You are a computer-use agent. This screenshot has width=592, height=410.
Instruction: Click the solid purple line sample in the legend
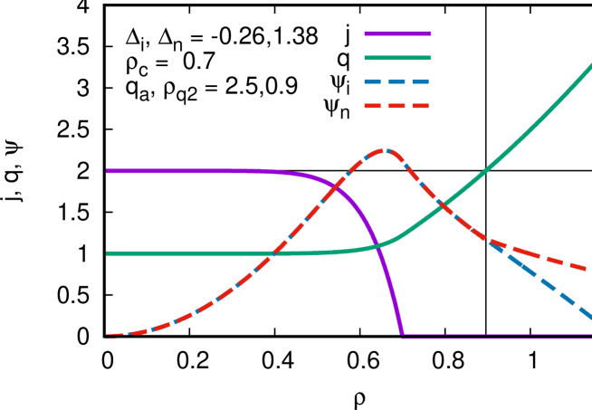point(396,33)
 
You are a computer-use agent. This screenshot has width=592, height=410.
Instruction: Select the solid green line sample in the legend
point(396,58)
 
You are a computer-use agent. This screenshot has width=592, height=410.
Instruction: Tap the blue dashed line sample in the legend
point(396,81)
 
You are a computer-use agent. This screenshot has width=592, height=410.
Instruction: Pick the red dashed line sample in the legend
point(396,106)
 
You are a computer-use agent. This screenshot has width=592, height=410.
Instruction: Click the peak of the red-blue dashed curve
point(384,150)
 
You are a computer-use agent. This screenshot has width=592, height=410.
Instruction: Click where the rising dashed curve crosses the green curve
point(272,253)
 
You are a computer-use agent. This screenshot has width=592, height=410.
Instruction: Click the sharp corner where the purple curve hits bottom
point(402,335)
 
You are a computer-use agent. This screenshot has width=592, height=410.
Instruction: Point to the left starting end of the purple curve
point(107,171)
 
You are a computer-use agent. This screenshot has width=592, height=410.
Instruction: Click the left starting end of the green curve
point(107,253)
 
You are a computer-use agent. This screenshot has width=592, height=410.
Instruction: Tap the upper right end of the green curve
point(590,65)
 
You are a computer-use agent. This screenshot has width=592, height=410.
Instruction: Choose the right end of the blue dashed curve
point(590,317)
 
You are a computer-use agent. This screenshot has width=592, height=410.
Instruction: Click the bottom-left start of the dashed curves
point(109,337)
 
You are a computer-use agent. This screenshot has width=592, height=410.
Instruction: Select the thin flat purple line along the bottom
point(498,337)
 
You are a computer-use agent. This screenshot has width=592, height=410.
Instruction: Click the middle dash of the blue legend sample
point(396,81)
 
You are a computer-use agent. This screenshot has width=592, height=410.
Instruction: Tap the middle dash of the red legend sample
point(396,106)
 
